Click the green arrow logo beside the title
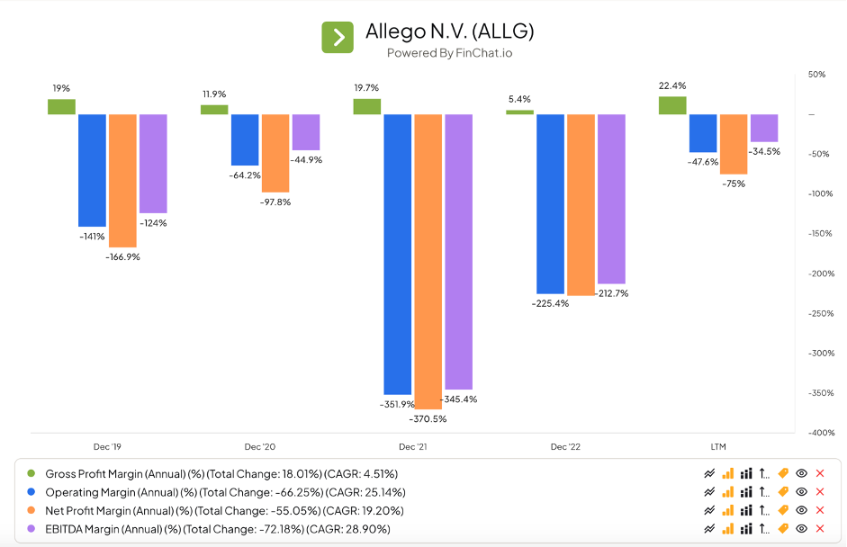(x=338, y=37)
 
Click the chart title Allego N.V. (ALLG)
(x=449, y=31)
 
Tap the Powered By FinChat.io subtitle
(x=449, y=53)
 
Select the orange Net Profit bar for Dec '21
(x=428, y=261)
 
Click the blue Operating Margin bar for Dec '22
(x=550, y=203)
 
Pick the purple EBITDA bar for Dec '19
(x=153, y=163)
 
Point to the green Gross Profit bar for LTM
(x=672, y=105)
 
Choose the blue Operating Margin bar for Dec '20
(x=245, y=139)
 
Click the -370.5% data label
(x=428, y=418)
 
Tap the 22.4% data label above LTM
(x=672, y=86)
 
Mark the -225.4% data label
(x=550, y=303)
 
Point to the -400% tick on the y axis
(x=815, y=433)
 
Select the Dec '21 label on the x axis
(x=413, y=447)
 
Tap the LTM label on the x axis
(x=717, y=447)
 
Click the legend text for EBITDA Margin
(x=218, y=529)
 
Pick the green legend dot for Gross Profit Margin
(x=32, y=473)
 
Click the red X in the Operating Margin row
(x=819, y=492)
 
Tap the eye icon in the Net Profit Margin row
(x=801, y=510)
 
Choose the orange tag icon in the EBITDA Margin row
(x=783, y=529)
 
